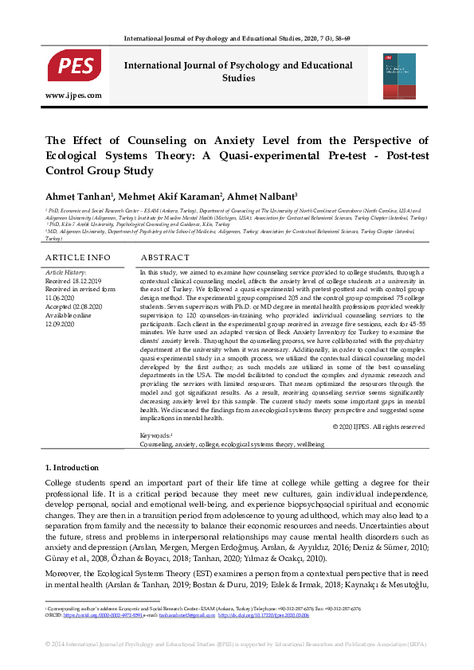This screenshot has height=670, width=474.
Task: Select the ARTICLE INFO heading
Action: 78,258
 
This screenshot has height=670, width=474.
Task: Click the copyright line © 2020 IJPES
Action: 379,427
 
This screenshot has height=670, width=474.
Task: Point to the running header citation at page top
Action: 237,38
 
